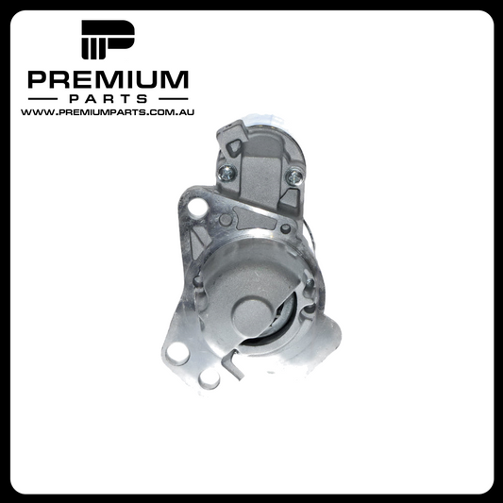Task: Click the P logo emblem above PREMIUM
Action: (x=108, y=40)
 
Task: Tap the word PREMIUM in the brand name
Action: (x=109, y=79)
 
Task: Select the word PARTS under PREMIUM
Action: (x=109, y=99)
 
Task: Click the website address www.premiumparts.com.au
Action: (x=108, y=112)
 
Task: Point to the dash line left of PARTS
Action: (x=42, y=99)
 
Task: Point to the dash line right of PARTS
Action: (x=174, y=99)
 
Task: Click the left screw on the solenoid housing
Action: (x=226, y=173)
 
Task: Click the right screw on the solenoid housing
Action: (x=294, y=176)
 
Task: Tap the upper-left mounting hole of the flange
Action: (x=196, y=207)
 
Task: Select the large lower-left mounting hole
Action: (x=177, y=354)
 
